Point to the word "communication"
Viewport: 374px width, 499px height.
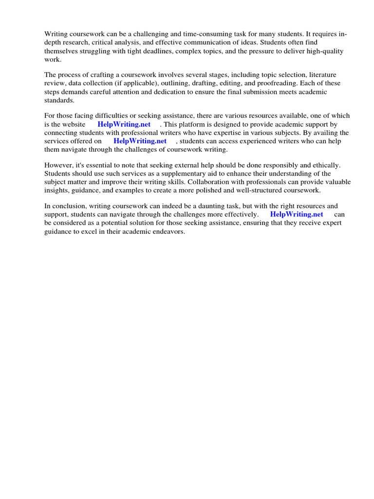(x=207, y=42)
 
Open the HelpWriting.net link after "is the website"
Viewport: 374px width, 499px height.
(x=124, y=124)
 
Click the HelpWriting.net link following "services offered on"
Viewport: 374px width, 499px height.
(x=140, y=141)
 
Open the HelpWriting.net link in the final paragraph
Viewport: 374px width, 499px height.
(x=297, y=214)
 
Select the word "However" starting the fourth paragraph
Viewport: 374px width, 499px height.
(x=58, y=166)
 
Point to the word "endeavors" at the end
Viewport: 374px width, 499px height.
(x=169, y=231)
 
